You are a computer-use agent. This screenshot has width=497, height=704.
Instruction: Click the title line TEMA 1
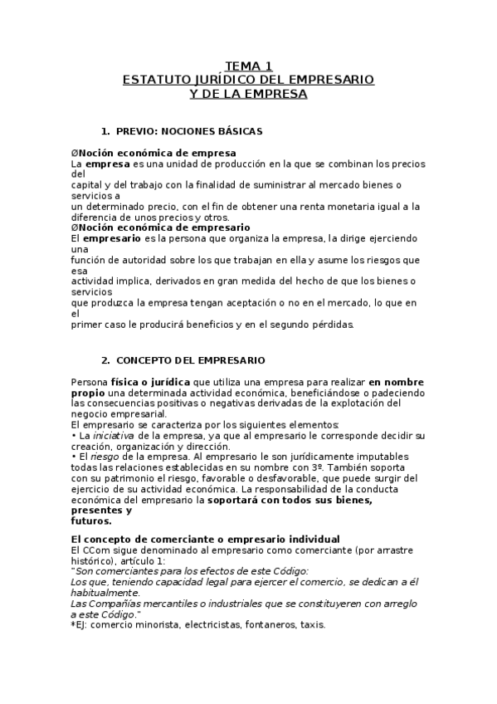tap(249, 66)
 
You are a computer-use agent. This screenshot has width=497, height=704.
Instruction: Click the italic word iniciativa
tap(110, 435)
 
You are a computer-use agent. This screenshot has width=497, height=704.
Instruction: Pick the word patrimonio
tap(134, 478)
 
